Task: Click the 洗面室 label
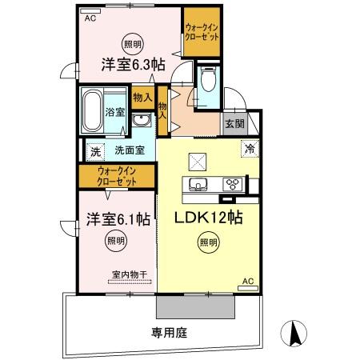click(x=128, y=150)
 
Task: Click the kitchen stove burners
click(x=233, y=183)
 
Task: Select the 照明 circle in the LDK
click(x=208, y=242)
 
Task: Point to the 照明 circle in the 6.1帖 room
click(x=116, y=239)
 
